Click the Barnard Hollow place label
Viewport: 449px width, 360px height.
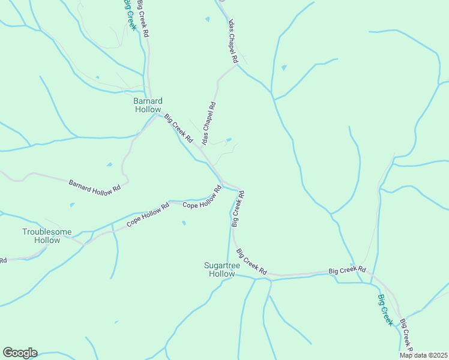(x=148, y=105)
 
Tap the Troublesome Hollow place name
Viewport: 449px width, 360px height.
(x=47, y=236)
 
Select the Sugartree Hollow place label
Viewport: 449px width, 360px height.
(x=219, y=269)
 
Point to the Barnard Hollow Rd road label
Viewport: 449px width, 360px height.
(x=95, y=186)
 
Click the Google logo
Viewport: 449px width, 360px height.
(x=20, y=352)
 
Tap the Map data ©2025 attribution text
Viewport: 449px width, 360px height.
(x=423, y=355)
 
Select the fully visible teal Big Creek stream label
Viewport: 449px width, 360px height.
(x=385, y=310)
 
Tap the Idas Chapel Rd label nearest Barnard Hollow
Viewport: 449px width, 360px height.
(x=208, y=124)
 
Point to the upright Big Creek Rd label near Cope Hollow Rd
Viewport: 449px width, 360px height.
(x=238, y=209)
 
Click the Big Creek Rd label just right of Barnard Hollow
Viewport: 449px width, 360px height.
(x=178, y=128)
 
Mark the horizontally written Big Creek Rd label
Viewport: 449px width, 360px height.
(x=347, y=271)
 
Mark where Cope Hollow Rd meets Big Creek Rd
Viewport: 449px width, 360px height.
(x=223, y=182)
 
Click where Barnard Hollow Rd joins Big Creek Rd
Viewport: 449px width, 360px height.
(x=155, y=115)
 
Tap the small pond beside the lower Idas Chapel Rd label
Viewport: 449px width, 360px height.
(x=229, y=140)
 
